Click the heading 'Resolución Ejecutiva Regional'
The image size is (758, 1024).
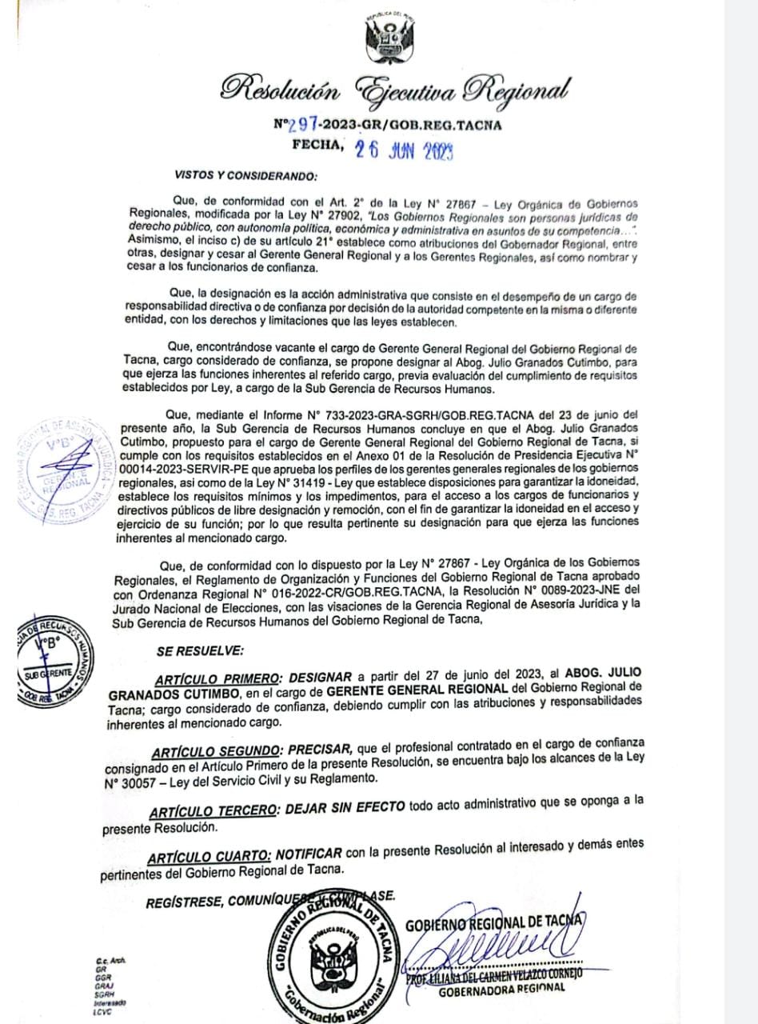click(x=397, y=89)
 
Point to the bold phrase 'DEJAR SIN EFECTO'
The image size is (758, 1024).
click(x=344, y=806)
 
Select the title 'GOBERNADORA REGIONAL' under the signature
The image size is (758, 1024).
click(x=501, y=988)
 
